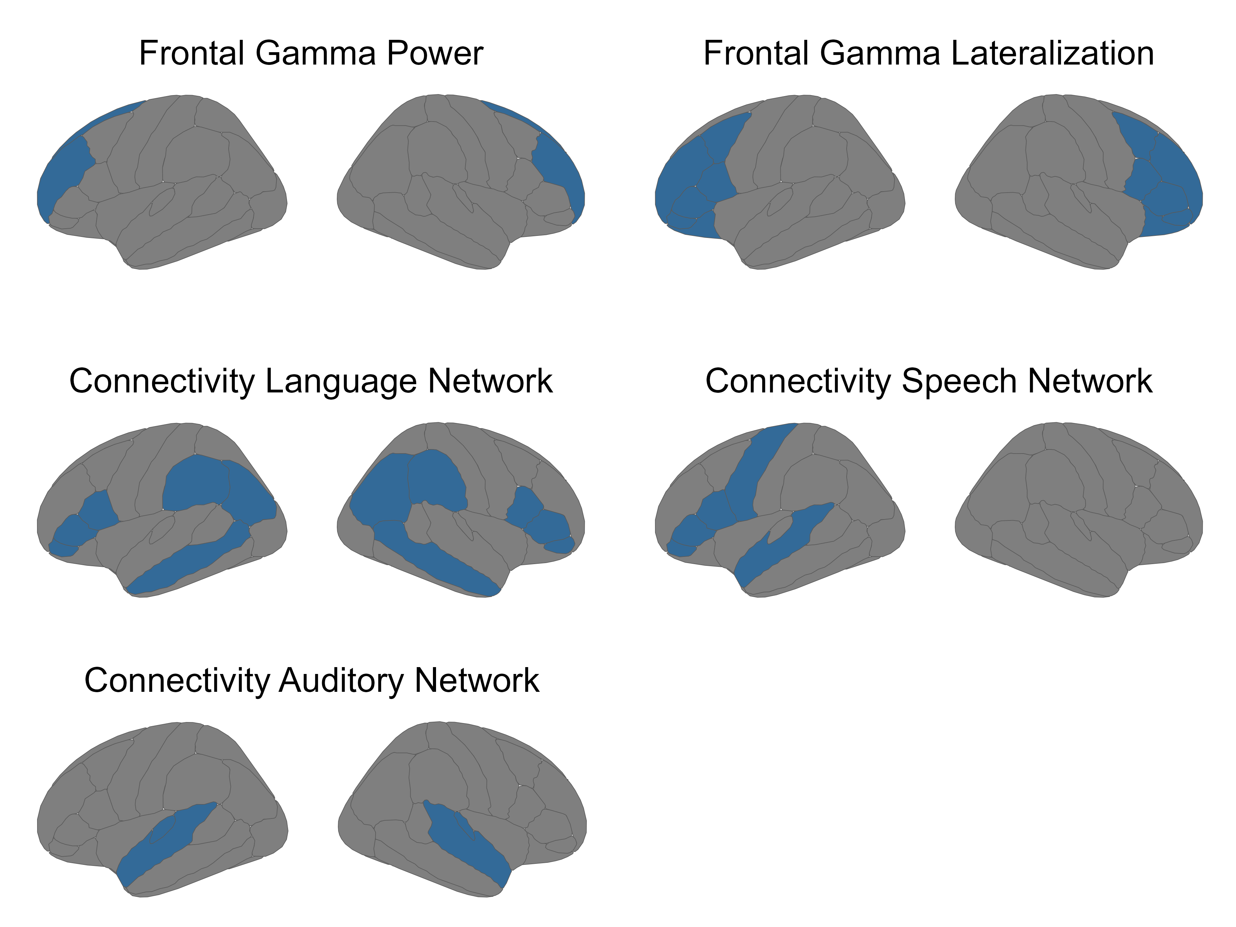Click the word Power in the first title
tap(434, 54)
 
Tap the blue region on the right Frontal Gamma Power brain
tap(559, 162)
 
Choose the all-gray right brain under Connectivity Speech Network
tap(1078, 514)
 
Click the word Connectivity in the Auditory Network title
tap(176, 680)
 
